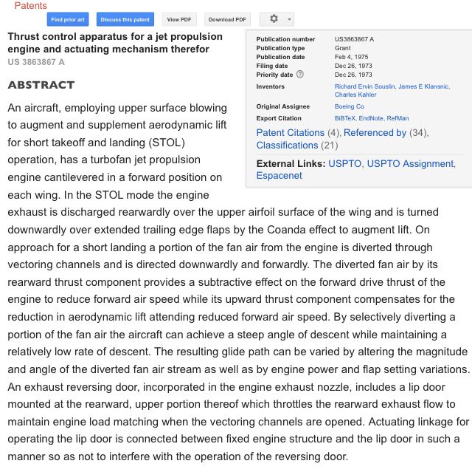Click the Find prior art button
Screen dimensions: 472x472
click(x=66, y=19)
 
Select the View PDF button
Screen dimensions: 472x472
click(x=181, y=19)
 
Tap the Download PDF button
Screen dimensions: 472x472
click(x=226, y=19)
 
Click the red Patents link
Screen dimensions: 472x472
click(x=31, y=5)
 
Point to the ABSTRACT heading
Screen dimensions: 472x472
click(x=41, y=85)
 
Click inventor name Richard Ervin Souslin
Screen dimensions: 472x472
click(x=364, y=86)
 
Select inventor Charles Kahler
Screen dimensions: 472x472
click(x=355, y=95)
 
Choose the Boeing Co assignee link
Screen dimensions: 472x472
click(x=349, y=107)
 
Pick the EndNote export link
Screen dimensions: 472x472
click(x=372, y=118)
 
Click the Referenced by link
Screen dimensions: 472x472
click(x=375, y=133)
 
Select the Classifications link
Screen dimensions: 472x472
click(x=288, y=145)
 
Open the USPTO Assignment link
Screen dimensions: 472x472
click(x=410, y=163)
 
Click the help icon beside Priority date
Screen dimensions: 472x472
click(x=299, y=75)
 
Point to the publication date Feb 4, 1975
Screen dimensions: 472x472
click(x=350, y=57)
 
